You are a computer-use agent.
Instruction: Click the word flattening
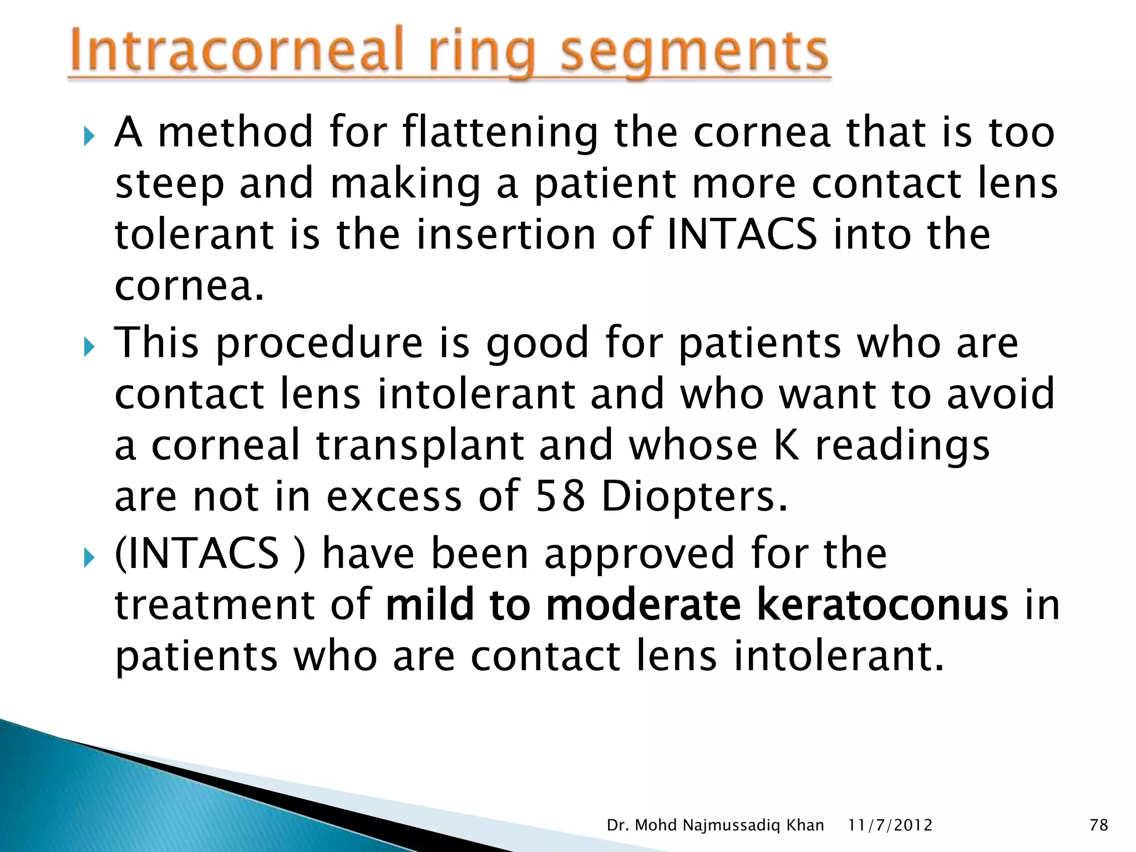(500, 133)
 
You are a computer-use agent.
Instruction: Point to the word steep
(169, 185)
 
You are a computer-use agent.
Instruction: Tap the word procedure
(318, 344)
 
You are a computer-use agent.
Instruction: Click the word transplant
(420, 445)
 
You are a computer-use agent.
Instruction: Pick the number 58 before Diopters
(560, 496)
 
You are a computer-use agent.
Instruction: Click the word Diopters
(693, 497)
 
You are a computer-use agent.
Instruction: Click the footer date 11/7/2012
(890, 825)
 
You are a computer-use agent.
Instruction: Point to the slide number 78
(1099, 825)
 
